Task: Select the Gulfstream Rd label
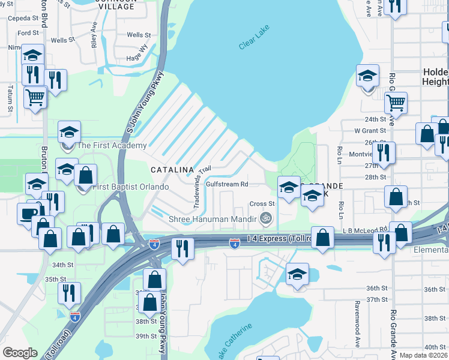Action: pos(227,184)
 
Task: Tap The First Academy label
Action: pos(111,145)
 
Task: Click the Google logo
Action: pos(20,353)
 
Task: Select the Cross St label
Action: pos(262,204)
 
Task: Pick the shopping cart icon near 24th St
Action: pos(396,103)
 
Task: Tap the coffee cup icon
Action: pos(28,214)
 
